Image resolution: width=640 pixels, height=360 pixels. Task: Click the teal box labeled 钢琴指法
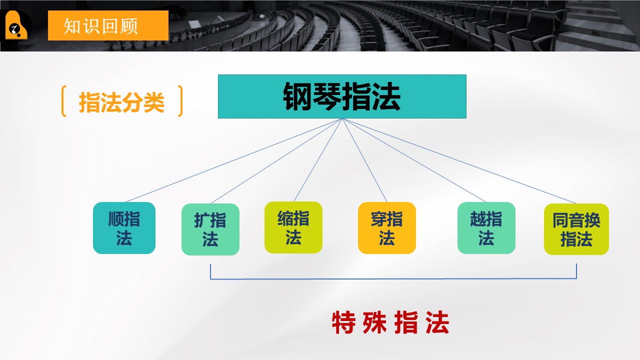tap(342, 96)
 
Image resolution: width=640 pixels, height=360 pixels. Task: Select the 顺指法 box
tap(124, 228)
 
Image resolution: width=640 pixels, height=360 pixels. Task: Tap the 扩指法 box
tap(210, 229)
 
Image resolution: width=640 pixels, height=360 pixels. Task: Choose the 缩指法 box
tap(293, 227)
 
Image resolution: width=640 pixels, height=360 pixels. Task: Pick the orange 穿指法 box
tap(387, 228)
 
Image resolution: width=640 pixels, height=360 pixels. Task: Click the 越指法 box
tap(486, 228)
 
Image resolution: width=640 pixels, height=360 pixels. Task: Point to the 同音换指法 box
tap(576, 229)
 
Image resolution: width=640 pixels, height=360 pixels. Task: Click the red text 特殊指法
tap(390, 322)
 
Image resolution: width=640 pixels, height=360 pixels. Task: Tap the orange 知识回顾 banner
tap(108, 25)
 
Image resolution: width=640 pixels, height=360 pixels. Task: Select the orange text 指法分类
tap(121, 102)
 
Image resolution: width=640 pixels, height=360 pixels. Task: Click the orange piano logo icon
tap(16, 25)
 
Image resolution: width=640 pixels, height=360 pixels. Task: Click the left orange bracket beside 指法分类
tap(63, 101)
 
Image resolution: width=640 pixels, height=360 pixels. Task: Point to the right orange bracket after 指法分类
tap(180, 101)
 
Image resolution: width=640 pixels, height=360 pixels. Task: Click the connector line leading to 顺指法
tap(233, 160)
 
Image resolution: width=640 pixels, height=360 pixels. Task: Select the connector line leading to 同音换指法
tap(459, 161)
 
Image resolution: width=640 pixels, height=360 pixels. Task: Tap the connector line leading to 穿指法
tap(364, 160)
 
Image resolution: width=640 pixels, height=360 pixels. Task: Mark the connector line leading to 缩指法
tap(317, 160)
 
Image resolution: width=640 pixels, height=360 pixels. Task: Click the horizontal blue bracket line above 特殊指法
tap(393, 278)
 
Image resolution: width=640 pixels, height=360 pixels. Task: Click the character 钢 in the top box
tap(297, 96)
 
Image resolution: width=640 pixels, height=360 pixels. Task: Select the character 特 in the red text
tap(343, 322)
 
